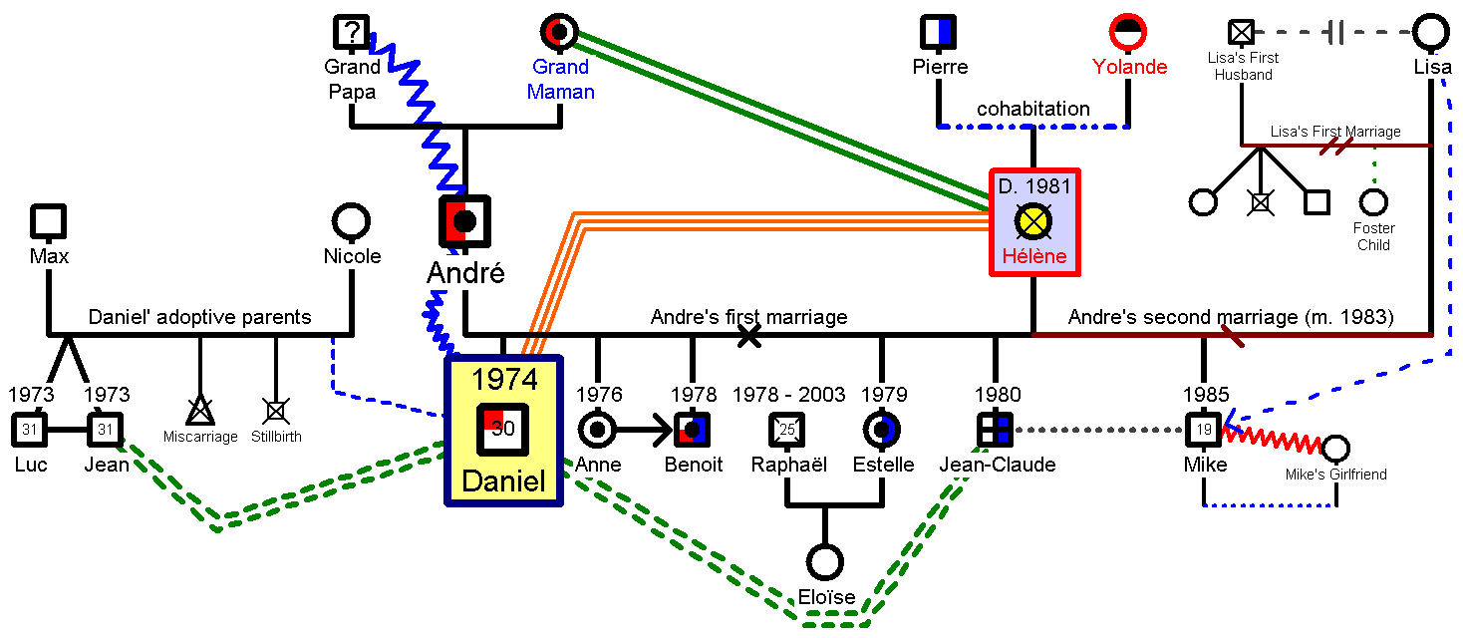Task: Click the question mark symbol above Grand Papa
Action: coord(348,33)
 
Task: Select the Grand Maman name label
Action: coord(561,80)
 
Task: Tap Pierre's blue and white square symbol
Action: coord(938,33)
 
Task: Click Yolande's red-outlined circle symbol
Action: coord(1129,33)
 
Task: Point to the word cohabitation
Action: coord(1032,109)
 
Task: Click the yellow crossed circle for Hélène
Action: coord(1032,220)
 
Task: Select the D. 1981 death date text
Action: coord(1033,186)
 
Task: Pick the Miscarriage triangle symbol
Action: coord(200,410)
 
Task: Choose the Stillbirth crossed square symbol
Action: coord(276,410)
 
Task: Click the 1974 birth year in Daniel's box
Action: coord(504,379)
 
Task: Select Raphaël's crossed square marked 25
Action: coord(786,430)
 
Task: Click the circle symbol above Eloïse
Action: coord(824,561)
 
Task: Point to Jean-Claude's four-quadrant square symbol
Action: coord(995,430)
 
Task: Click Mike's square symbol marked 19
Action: coord(1203,430)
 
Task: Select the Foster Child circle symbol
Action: coord(1373,202)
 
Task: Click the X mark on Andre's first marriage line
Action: coord(749,336)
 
